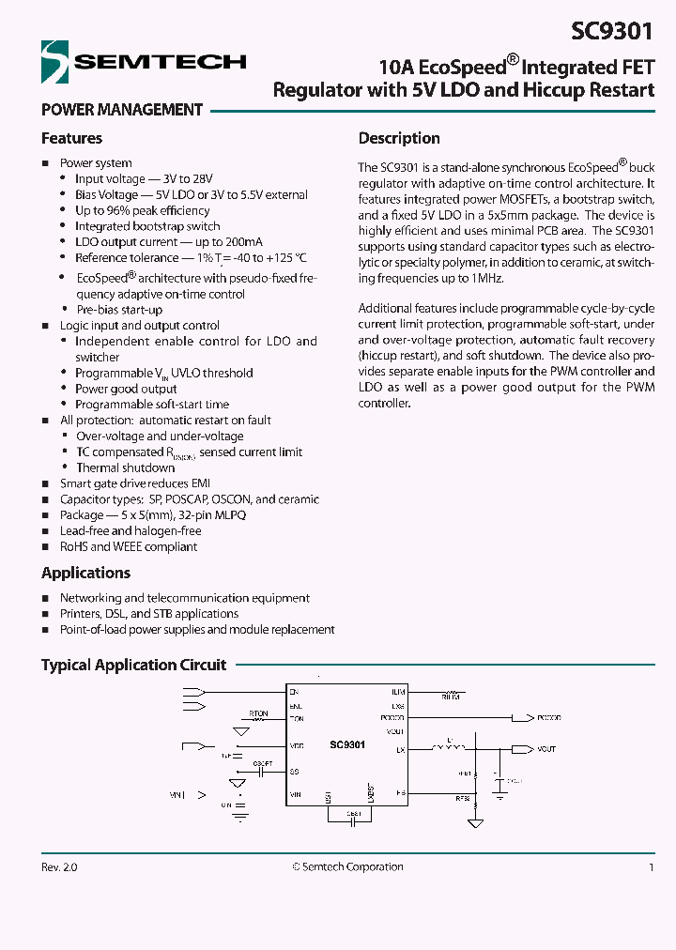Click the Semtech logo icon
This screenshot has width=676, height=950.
pos(55,62)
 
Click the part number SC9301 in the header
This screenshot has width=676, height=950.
pos(613,30)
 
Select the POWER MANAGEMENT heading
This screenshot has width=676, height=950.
pos(122,110)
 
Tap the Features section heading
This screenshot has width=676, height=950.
pos(71,138)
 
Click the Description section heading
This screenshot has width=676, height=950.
pos(399,138)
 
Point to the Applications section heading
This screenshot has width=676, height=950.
pos(85,573)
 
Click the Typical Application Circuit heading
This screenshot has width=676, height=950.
pos(133,665)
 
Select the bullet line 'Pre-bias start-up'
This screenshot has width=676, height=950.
pos(119,310)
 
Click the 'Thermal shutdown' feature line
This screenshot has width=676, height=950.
pos(125,467)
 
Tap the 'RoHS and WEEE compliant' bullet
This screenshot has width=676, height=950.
pos(129,546)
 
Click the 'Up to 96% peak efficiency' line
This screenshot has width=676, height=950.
pos(142,210)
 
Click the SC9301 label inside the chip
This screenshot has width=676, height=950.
pos(346,744)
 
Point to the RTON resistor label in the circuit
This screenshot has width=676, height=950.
pos(258,713)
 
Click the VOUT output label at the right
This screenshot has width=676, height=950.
pos(546,749)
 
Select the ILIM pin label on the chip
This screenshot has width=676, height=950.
pos(398,692)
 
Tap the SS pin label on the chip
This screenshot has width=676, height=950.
pos(295,772)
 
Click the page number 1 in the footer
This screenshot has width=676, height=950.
pos(651,867)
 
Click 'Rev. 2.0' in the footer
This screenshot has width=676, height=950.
pos(59,867)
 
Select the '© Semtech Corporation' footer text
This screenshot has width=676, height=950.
pos(347,867)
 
